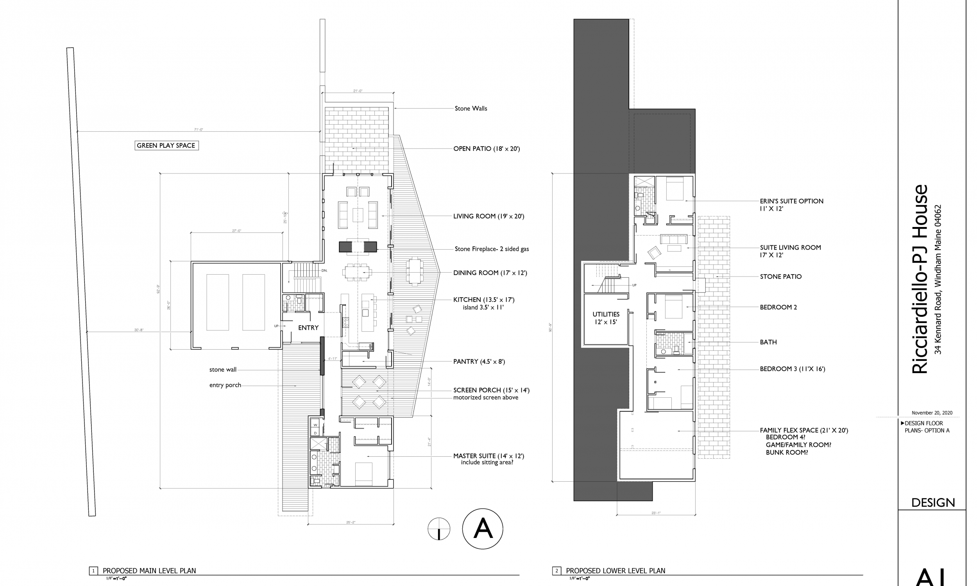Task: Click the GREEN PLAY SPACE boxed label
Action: click(166, 145)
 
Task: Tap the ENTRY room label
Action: click(308, 328)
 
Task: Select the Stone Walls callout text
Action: click(471, 109)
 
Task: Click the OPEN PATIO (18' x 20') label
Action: click(487, 149)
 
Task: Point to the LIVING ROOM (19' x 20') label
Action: click(488, 216)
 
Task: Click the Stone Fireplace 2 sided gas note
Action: click(492, 249)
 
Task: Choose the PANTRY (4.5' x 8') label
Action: click(479, 362)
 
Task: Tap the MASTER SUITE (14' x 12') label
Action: click(488, 456)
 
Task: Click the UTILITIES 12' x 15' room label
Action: click(606, 318)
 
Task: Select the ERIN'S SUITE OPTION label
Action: click(791, 201)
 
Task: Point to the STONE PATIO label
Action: click(781, 277)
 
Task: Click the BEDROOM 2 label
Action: click(778, 307)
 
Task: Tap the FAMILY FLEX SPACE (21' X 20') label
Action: click(803, 431)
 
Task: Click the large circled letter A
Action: click(483, 529)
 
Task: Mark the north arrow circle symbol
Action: click(439, 529)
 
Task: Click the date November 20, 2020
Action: click(932, 413)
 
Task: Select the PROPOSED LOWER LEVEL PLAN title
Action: click(615, 571)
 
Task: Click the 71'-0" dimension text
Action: click(199, 130)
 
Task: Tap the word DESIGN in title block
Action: click(933, 503)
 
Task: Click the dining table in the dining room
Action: click(358, 272)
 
